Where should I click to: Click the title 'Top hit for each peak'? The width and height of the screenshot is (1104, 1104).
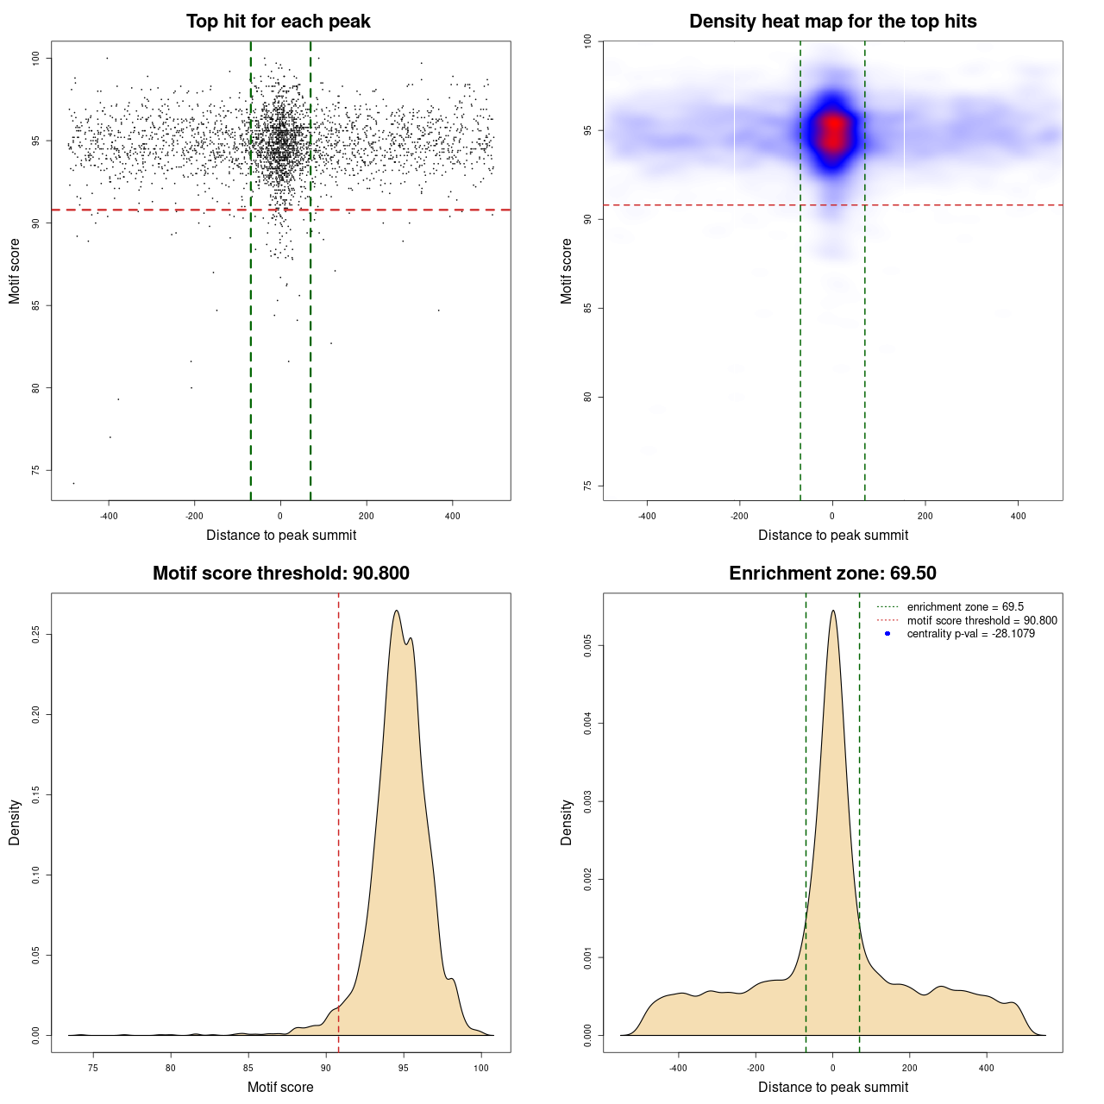[278, 22]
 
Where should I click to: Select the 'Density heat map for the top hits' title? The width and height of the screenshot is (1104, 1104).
[832, 22]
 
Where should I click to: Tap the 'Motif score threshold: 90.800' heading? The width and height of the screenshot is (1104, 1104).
[280, 574]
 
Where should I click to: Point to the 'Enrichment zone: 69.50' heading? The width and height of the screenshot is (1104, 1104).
[832, 574]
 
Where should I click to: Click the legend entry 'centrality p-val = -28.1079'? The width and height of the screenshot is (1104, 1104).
[970, 634]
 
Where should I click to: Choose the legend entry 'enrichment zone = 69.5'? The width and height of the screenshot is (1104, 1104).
[965, 607]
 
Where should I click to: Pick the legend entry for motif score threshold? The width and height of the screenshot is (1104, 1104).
[982, 620]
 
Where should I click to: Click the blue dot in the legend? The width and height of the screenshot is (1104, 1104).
[888, 634]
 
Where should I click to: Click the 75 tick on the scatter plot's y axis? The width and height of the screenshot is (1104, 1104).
[35, 470]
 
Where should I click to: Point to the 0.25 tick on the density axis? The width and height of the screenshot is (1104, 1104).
[35, 635]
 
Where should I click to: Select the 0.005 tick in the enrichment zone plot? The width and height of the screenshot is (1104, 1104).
[587, 645]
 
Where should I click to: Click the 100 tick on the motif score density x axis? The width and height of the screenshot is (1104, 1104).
[481, 1068]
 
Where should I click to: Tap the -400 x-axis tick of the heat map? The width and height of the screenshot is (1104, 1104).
[647, 516]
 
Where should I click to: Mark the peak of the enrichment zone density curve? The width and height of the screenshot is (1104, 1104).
[833, 611]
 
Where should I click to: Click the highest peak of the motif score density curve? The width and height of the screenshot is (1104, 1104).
[396, 611]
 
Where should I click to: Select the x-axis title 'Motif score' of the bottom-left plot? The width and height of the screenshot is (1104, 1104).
[280, 1087]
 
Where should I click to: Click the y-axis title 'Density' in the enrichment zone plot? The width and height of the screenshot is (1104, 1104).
[567, 822]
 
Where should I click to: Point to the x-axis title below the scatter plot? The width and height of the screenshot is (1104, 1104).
[281, 535]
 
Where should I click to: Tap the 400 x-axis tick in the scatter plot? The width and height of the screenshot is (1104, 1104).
[452, 516]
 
